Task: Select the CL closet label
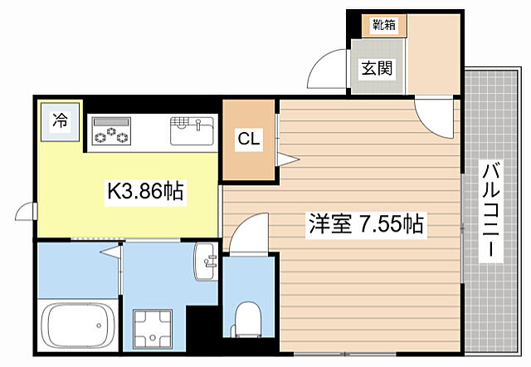click(x=249, y=139)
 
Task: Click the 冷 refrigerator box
click(x=60, y=120)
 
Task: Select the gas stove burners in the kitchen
click(x=111, y=130)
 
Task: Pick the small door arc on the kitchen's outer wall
click(x=27, y=213)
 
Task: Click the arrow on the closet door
click(x=286, y=159)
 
